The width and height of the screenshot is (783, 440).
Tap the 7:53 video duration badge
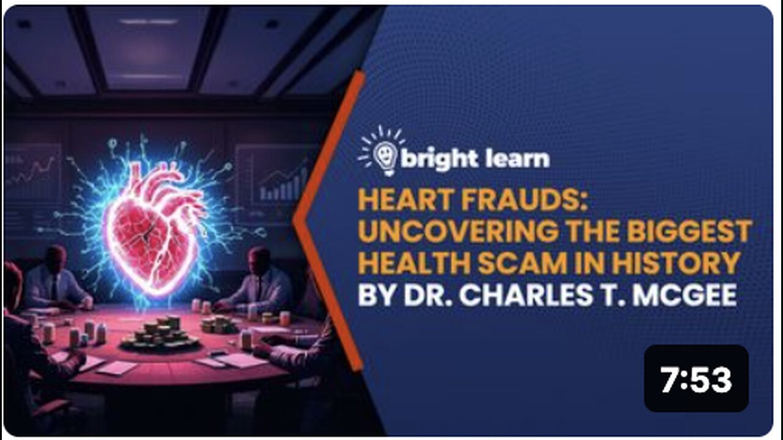click(x=696, y=380)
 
